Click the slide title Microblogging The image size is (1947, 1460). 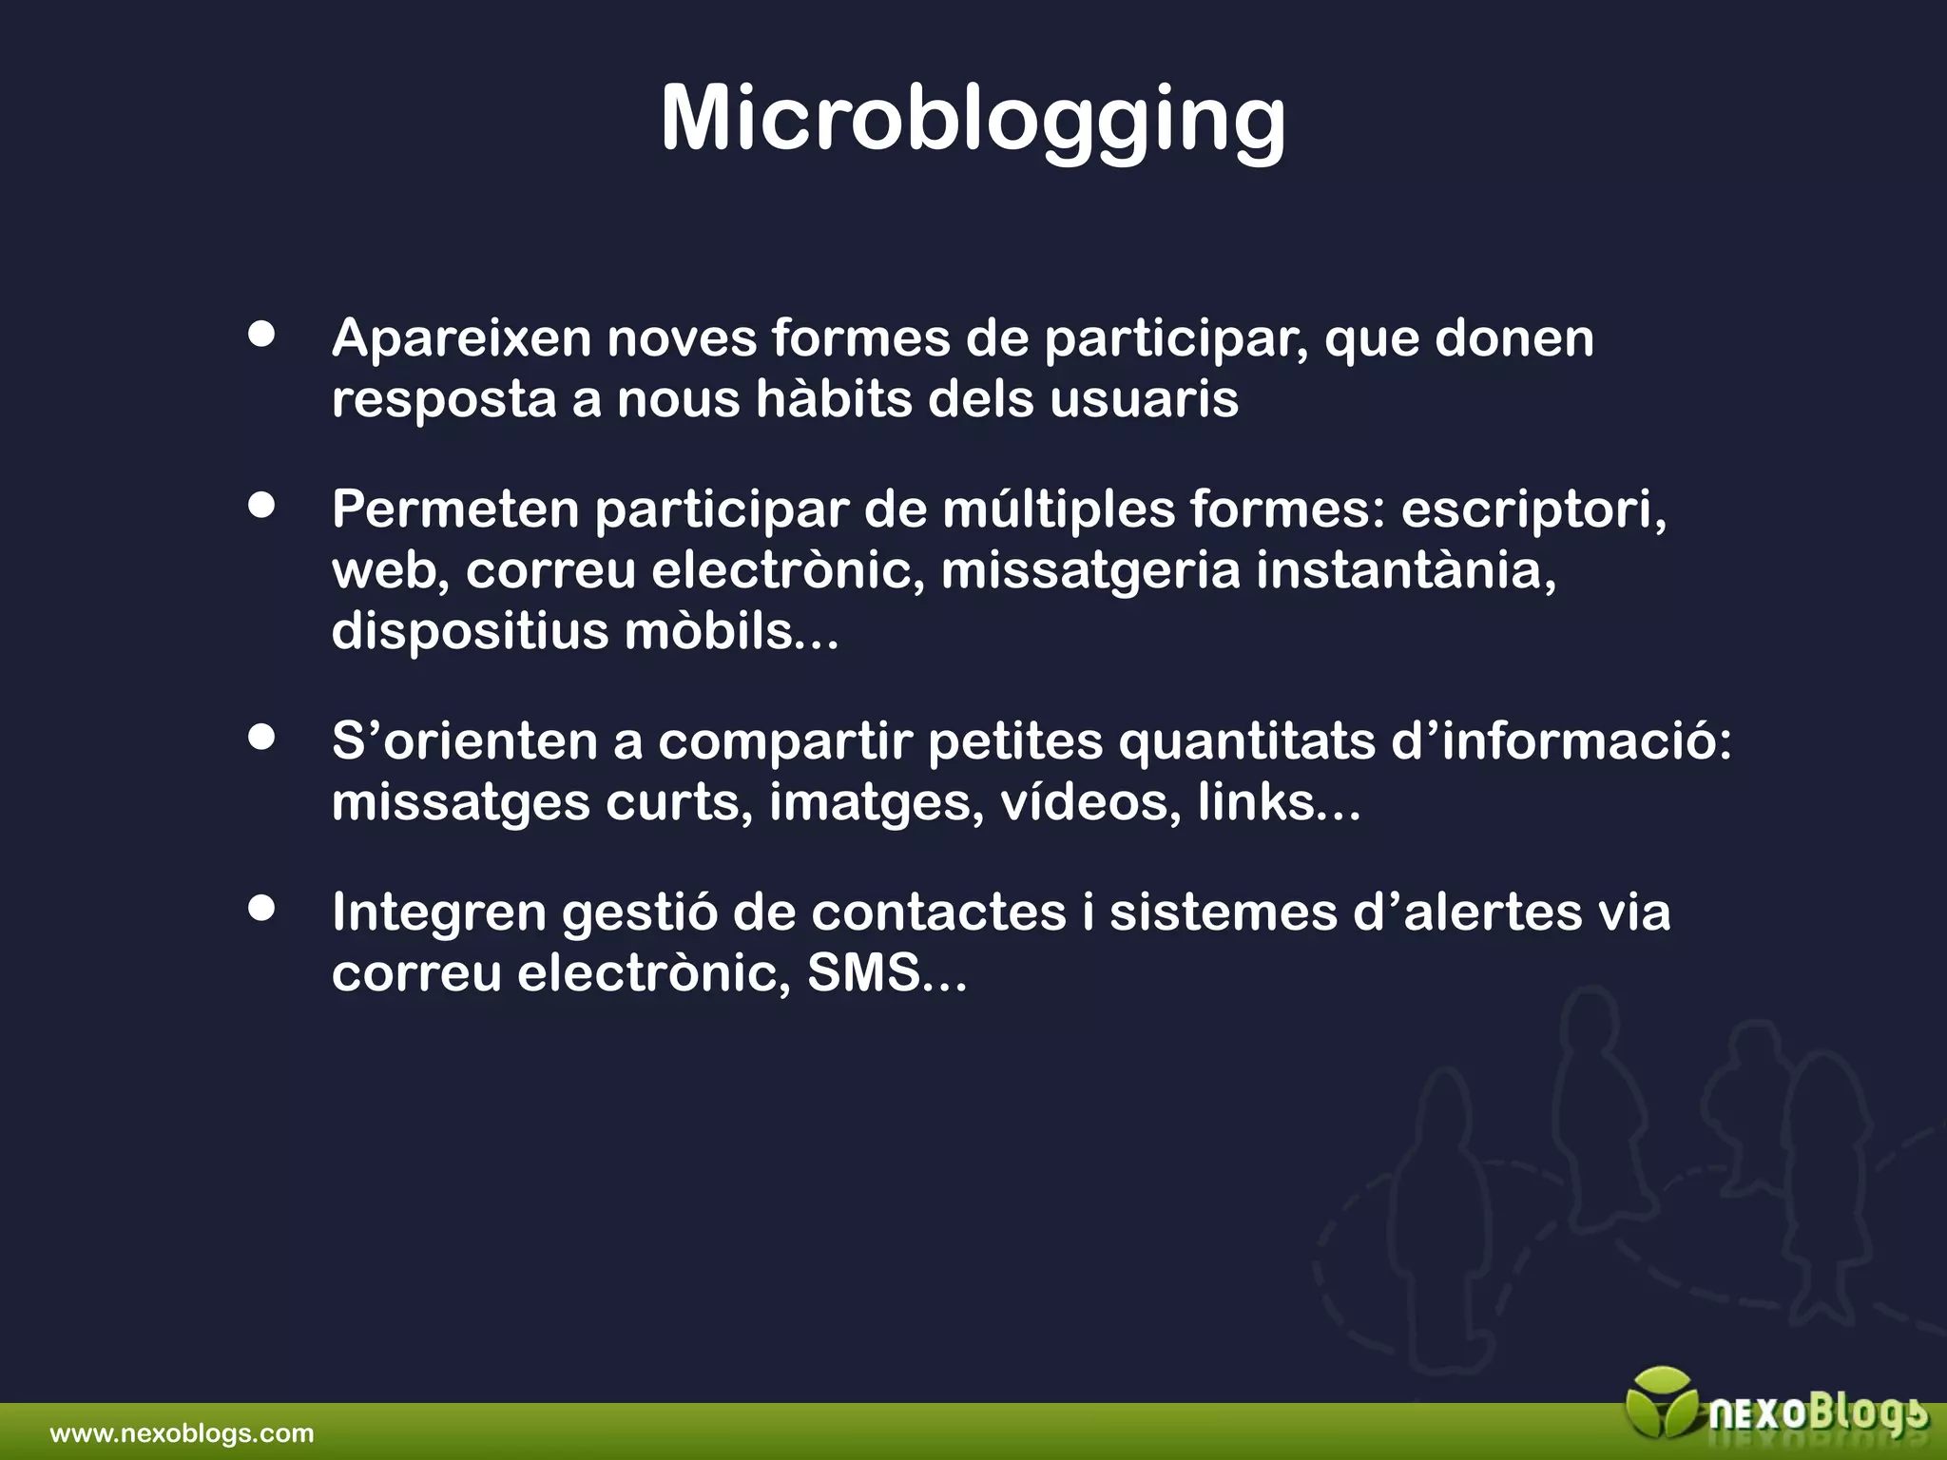(973, 119)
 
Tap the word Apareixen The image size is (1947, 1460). (461, 338)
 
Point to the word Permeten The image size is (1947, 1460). (455, 509)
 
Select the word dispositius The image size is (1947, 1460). (469, 631)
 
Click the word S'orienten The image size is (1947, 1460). (464, 741)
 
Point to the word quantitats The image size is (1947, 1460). (1246, 741)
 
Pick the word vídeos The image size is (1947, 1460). (1089, 802)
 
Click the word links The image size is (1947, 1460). (1256, 802)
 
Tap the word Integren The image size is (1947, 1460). (439, 912)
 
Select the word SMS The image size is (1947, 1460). (863, 973)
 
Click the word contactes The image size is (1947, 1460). (938, 912)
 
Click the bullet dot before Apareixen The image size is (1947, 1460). (261, 335)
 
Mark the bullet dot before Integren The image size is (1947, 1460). (261, 909)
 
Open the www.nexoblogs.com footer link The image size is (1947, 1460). (182, 1433)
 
